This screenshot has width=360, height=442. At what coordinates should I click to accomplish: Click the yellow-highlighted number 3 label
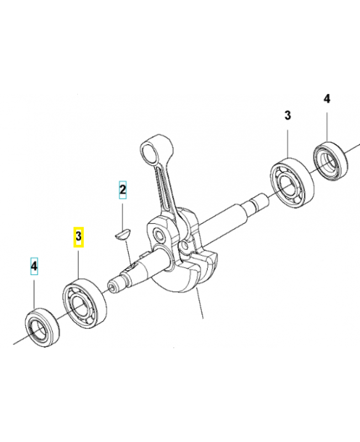click(79, 237)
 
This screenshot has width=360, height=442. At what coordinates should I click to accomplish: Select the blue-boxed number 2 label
click(123, 191)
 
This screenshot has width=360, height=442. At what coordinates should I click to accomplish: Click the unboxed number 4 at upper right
click(326, 99)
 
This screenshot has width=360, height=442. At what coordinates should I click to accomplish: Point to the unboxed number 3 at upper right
click(287, 115)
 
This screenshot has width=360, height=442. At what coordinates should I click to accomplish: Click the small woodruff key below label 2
click(121, 235)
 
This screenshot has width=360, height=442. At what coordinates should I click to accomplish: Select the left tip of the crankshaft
click(113, 287)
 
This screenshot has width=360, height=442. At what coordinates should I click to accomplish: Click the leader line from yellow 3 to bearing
click(79, 262)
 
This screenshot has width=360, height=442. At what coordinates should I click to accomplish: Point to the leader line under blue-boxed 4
click(34, 293)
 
